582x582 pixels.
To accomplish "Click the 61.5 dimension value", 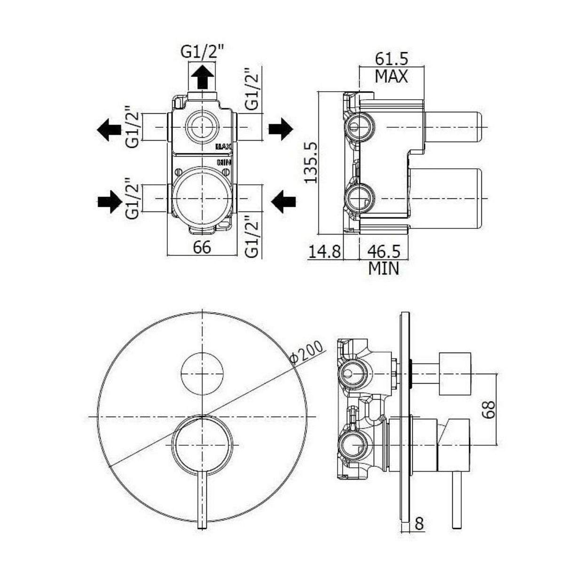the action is tap(392, 59).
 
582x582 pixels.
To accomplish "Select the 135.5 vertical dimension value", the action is tap(311, 163).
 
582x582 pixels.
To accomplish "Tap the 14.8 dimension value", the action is tap(324, 252).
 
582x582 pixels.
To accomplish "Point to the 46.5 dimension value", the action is tap(384, 252).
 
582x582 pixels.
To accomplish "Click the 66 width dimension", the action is tap(202, 248).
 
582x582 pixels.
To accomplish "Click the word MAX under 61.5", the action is tap(392, 76).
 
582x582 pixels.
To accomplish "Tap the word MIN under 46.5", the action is tap(384, 268).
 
